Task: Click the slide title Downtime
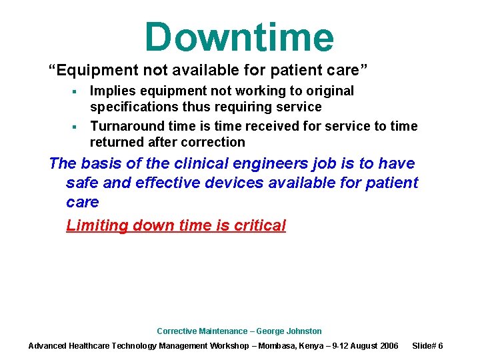pos(239,37)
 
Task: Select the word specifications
pos(134,107)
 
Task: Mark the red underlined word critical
pos(260,225)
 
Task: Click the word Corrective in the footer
pos(176,331)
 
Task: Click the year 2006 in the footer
pos(388,345)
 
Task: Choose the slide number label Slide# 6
pos(428,345)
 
